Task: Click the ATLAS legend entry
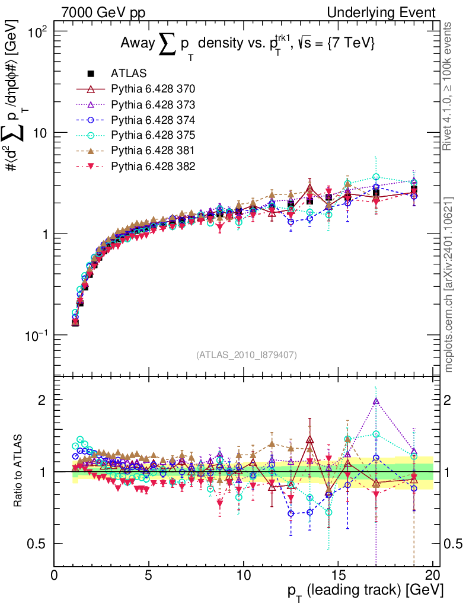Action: point(125,74)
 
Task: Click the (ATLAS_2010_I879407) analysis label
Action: point(246,355)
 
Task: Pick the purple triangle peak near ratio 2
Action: point(375,401)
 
